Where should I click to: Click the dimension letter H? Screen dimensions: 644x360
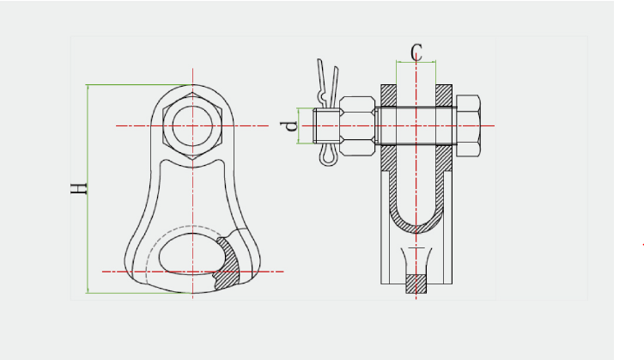[79, 189]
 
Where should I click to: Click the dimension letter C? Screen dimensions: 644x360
[416, 52]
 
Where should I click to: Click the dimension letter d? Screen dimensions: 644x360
[289, 125]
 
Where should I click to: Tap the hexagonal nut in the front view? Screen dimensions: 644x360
[192, 126]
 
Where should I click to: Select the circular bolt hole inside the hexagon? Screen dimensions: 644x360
[192, 126]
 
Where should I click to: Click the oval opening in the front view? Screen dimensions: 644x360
[192, 253]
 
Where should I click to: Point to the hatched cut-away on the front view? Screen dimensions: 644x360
[228, 263]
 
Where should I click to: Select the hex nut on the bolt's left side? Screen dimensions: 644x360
[357, 126]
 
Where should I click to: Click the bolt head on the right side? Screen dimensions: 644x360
[468, 125]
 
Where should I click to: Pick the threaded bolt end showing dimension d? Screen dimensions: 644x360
[326, 125]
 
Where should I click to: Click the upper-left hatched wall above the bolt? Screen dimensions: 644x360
[388, 95]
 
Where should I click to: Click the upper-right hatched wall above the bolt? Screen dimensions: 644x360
[444, 95]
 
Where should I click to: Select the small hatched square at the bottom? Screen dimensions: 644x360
[416, 284]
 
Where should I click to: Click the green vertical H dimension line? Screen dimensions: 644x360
[88, 189]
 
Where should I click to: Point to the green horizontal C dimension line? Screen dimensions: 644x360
[416, 62]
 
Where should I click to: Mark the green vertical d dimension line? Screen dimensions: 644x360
[299, 125]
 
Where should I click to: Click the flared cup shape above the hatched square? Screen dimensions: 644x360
[416, 260]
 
